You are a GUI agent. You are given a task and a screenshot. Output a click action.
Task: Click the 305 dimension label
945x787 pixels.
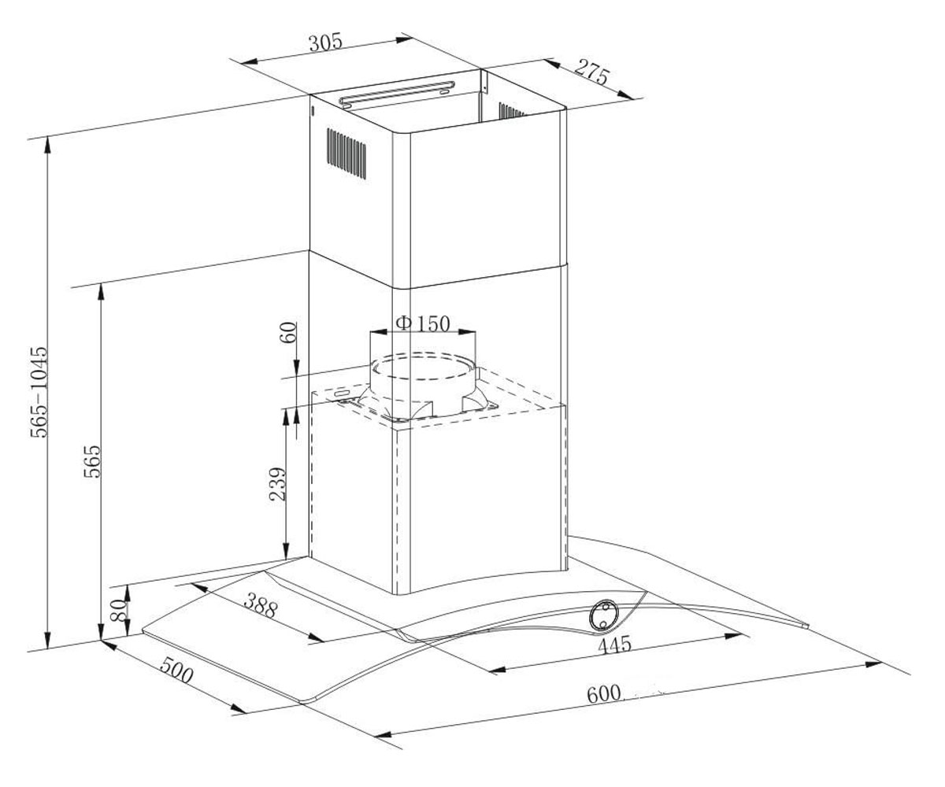tap(325, 42)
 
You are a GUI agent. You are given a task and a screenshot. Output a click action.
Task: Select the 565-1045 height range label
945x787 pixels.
tap(39, 392)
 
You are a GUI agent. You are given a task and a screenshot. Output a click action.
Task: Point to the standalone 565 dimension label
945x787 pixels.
tap(92, 461)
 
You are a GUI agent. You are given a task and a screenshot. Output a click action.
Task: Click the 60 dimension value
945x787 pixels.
tap(288, 332)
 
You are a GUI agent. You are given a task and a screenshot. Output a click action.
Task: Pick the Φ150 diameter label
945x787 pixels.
tap(423, 323)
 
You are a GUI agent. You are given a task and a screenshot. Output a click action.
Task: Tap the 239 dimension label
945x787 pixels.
tap(277, 484)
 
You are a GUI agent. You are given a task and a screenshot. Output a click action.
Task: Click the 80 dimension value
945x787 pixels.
tap(118, 611)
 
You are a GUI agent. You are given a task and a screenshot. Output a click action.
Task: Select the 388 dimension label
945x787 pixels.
tap(260, 606)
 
